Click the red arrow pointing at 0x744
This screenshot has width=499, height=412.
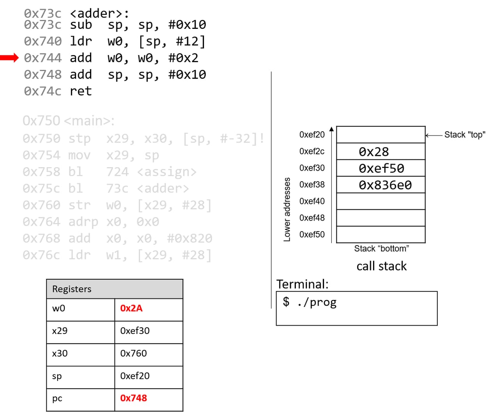click(x=9, y=58)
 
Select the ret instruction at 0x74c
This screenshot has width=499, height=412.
click(x=81, y=91)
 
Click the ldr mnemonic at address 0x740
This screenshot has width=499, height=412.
click(x=81, y=41)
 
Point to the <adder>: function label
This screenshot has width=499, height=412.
click(x=99, y=14)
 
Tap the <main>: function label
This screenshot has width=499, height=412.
click(x=89, y=121)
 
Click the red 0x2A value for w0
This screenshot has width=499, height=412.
click(x=131, y=309)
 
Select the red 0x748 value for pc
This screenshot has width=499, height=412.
click(x=134, y=398)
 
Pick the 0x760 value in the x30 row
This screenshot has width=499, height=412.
click(x=134, y=353)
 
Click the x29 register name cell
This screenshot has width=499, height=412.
click(x=60, y=331)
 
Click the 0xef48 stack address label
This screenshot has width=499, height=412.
click(x=312, y=218)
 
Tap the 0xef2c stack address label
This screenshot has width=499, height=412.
click(x=312, y=152)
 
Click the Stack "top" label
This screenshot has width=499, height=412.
click(x=465, y=135)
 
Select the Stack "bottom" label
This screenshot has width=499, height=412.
click(x=381, y=249)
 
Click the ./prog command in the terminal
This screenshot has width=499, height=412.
click(x=317, y=302)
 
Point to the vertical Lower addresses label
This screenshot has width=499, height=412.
click(x=287, y=209)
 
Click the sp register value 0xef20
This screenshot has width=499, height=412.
click(x=135, y=376)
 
